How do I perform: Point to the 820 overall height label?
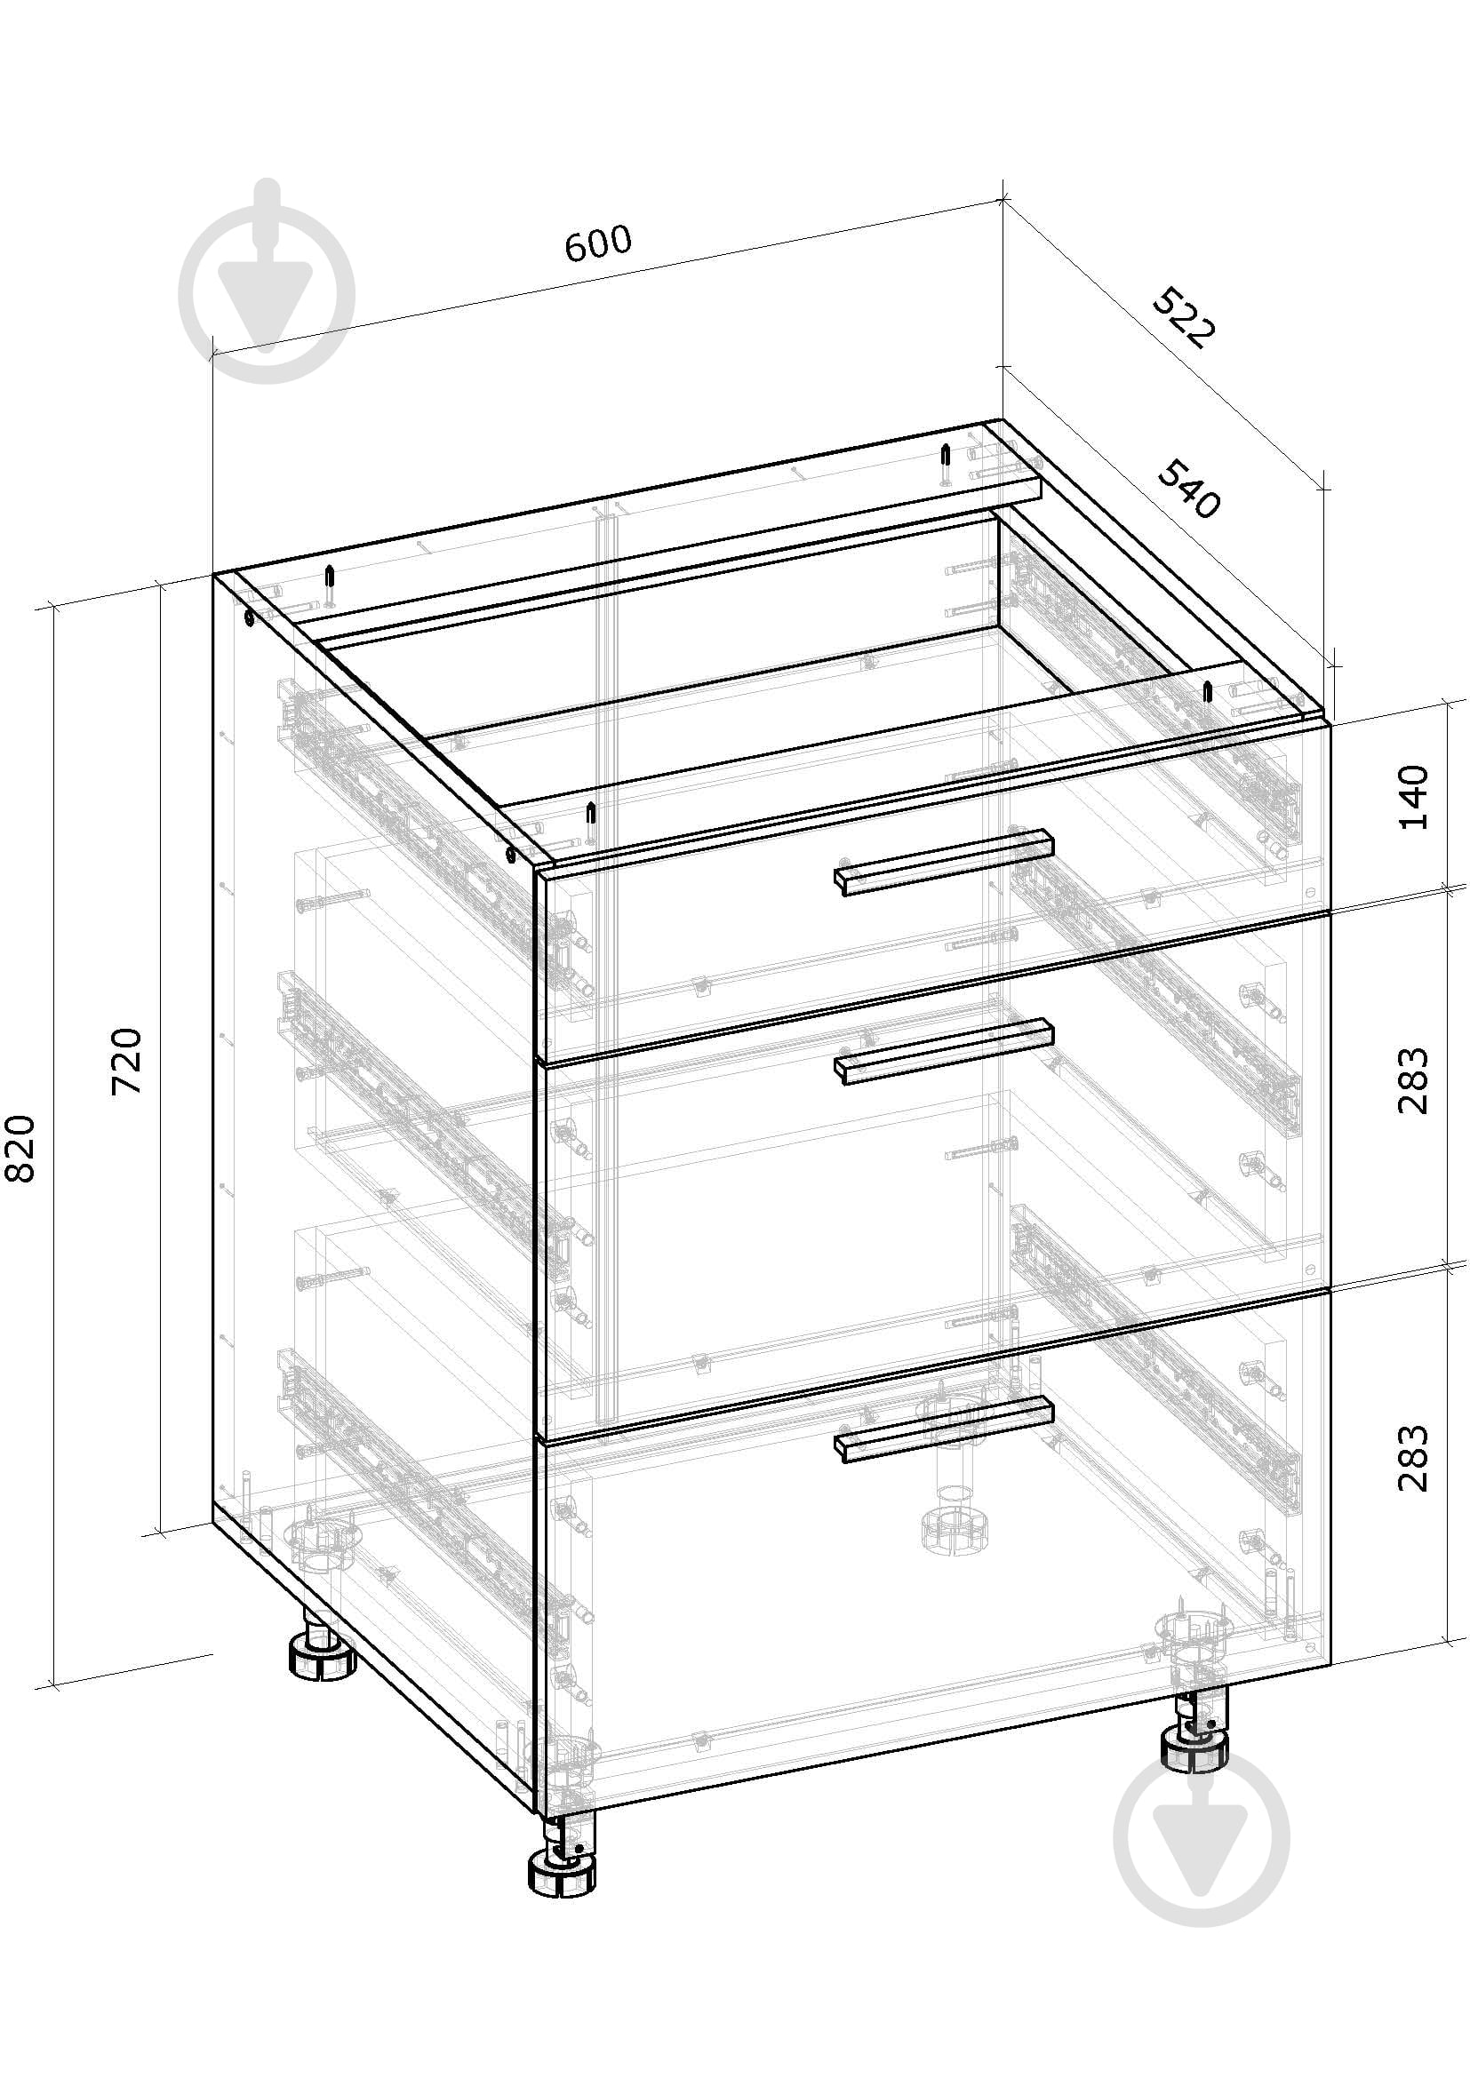coord(20,1149)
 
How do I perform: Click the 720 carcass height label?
coord(127,1062)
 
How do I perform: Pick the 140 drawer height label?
coord(1413,797)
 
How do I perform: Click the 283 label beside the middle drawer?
coord(1413,1080)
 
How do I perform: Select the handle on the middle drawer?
coord(944,1052)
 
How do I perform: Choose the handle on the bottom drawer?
coord(944,1429)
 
